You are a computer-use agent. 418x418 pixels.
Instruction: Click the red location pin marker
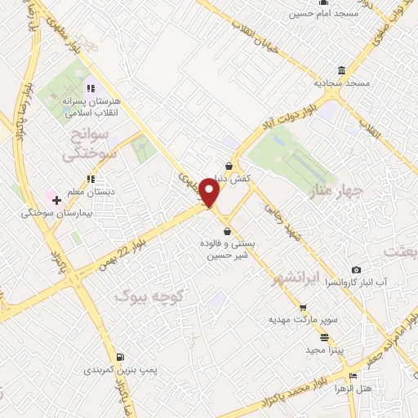[x=211, y=193]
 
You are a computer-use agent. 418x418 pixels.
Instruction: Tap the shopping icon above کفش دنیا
[x=229, y=165]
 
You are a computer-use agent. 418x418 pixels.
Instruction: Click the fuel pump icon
[x=121, y=357]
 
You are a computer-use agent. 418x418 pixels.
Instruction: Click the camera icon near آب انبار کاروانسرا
[x=355, y=270]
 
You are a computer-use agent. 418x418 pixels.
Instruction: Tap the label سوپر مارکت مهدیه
[x=297, y=319]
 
